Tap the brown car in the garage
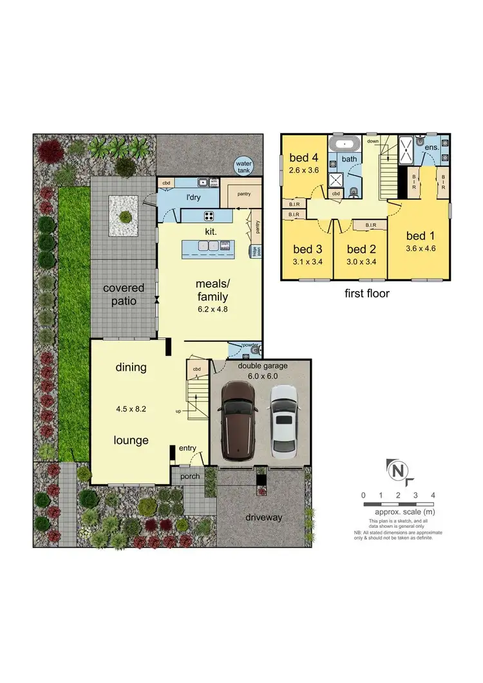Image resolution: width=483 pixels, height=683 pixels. pos(238,421)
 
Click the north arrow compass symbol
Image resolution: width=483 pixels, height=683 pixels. pos(397,471)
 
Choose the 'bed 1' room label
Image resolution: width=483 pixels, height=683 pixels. pos(417,235)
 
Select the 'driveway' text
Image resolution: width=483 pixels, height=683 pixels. pos(263,517)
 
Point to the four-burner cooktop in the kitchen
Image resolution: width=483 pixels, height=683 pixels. pos(210,216)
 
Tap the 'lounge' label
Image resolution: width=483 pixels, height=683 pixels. pos(131,440)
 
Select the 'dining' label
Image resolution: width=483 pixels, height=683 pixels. pos(131,368)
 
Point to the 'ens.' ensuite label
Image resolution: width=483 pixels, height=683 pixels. pos(431,147)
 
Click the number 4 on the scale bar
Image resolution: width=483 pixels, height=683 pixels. pos(433,495)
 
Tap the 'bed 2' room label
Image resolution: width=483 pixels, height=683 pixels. pos(361,249)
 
